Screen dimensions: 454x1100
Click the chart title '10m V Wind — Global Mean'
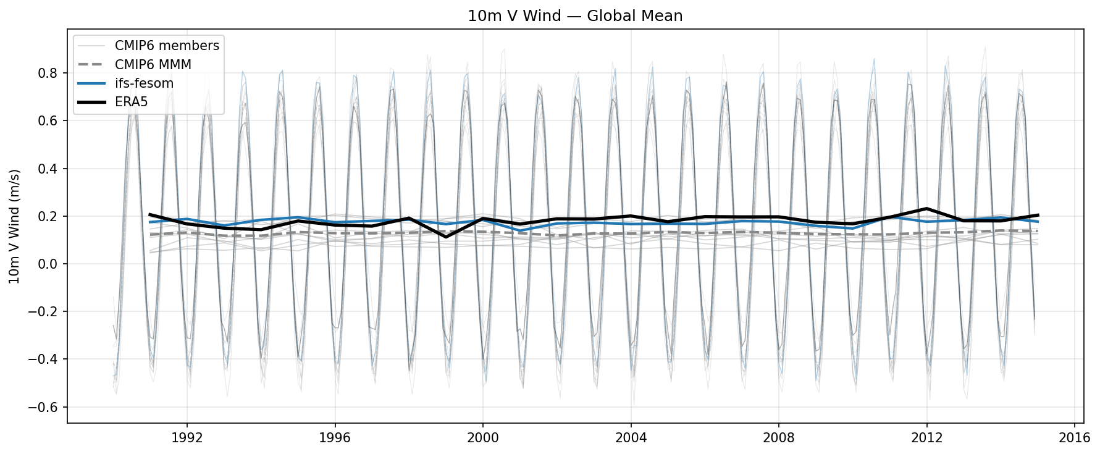tap(574, 16)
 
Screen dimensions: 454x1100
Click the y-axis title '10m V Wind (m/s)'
tap(14, 226)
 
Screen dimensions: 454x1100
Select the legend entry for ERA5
tap(131, 102)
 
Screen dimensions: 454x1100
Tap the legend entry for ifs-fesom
tap(143, 83)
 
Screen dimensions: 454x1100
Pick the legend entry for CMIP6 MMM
tap(153, 64)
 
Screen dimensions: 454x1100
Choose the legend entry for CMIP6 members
tap(166, 46)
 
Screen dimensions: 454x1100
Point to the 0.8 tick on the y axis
tap(52, 73)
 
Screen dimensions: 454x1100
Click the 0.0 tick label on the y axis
tap(52, 264)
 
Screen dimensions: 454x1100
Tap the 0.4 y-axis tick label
tap(52, 169)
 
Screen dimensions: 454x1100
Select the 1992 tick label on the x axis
tap(187, 438)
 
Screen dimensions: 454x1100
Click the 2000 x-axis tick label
tap(482, 438)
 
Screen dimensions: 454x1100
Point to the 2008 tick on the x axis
tap(778, 438)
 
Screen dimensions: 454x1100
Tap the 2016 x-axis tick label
tap(1074, 438)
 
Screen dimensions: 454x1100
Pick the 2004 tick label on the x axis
tap(631, 438)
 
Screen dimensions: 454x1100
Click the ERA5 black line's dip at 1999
tap(446, 237)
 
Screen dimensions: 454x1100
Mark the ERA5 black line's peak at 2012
tap(926, 208)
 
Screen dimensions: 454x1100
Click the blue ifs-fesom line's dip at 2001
tap(520, 231)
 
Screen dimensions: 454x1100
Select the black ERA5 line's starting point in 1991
tap(150, 214)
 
